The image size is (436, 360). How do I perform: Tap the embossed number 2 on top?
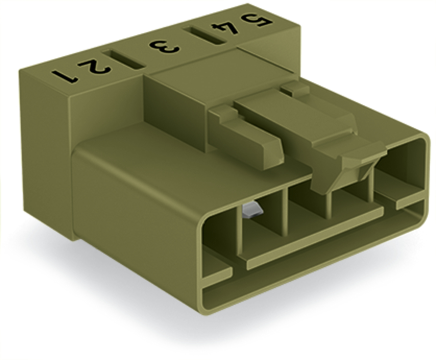pyautogui.click(x=93, y=67)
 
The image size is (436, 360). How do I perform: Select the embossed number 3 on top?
pyautogui.click(x=164, y=47)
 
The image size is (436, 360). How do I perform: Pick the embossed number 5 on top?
pyautogui.click(x=256, y=19)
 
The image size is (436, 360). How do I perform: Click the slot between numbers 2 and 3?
pyautogui.click(x=123, y=59)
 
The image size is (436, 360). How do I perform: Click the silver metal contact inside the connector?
pyautogui.click(x=252, y=210)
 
